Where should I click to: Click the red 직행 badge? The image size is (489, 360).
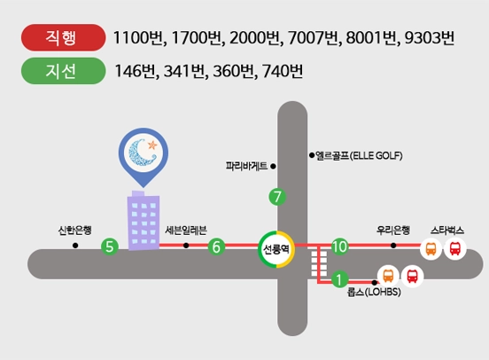coord(63,37)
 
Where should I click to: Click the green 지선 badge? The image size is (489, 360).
coord(63,71)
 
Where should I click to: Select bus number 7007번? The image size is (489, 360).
coord(313,38)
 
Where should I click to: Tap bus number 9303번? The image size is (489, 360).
coord(430,38)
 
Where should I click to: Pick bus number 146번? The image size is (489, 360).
coord(135,71)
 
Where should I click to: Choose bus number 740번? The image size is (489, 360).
coord(283,71)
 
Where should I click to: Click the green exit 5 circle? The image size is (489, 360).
coord(110,247)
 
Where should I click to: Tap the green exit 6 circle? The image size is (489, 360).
coord(216,247)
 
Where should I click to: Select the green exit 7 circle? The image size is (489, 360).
coord(277,197)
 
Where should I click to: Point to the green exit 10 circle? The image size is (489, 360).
coord(339,247)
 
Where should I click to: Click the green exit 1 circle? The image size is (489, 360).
coord(339,278)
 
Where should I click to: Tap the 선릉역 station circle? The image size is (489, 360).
coord(276,249)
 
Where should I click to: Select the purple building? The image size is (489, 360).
coord(144,221)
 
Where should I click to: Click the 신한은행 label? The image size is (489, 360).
coord(74,231)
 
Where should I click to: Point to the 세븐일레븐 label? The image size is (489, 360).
coord(186,231)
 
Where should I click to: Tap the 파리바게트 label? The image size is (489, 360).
coord(246,166)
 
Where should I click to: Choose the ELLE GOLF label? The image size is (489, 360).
coord(359,155)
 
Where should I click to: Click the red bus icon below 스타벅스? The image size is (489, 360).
coord(455,248)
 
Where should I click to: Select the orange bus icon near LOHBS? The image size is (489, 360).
coord(388,276)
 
